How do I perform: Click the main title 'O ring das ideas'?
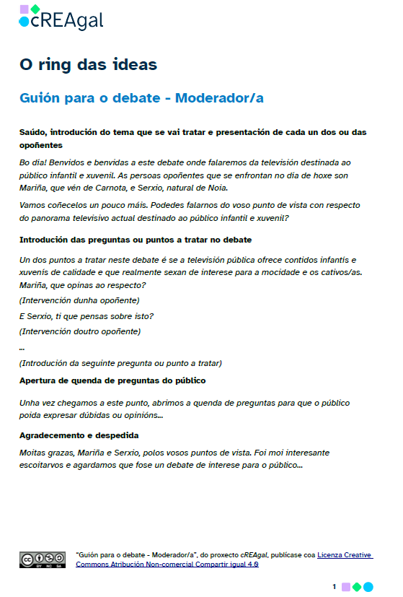click(x=88, y=65)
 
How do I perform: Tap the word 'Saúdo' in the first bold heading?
click(x=33, y=132)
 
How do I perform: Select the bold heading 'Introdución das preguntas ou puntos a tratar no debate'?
click(x=136, y=239)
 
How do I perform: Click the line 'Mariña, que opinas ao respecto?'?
click(x=82, y=285)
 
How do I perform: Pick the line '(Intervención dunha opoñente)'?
click(x=79, y=300)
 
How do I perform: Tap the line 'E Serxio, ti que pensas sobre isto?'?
click(x=87, y=315)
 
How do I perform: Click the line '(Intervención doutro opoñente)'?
click(x=80, y=331)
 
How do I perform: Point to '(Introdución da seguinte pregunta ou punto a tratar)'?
click(x=120, y=362)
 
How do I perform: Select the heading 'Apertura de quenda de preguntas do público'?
click(x=112, y=380)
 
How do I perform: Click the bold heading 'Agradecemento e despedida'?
click(x=79, y=435)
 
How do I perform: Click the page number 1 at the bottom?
click(x=335, y=587)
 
